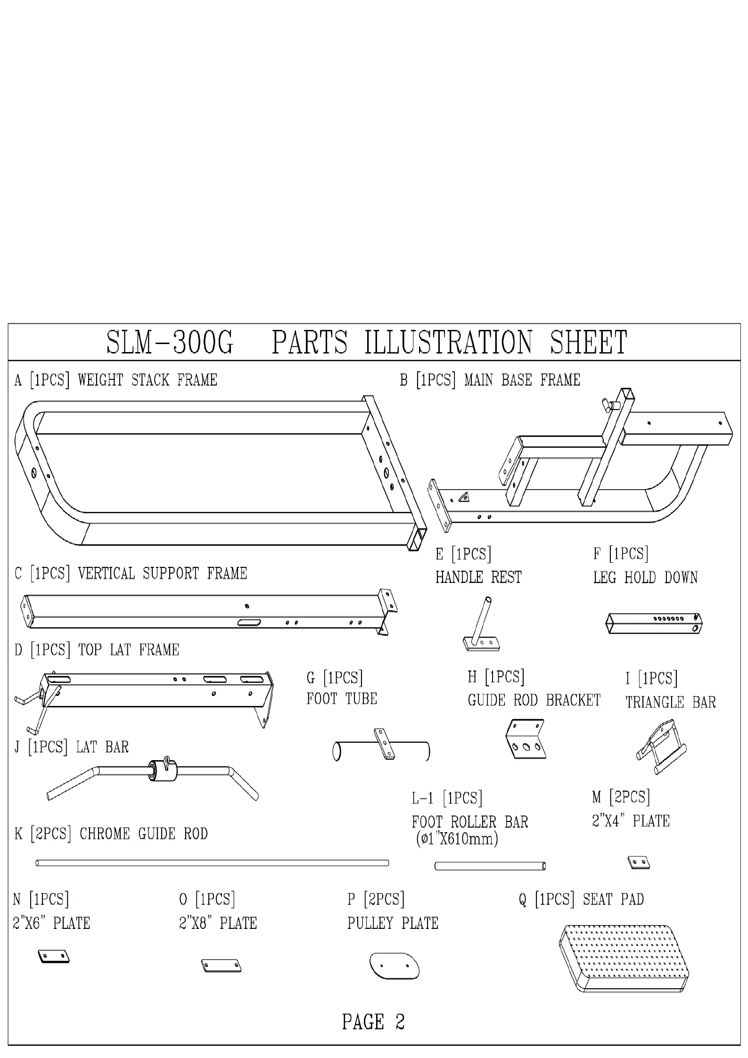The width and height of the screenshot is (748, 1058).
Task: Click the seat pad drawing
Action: coord(624,958)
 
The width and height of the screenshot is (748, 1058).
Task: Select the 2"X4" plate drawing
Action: coord(639,862)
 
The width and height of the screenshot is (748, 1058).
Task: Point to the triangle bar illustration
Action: coord(661,746)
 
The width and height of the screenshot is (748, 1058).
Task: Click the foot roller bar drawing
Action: coord(490,866)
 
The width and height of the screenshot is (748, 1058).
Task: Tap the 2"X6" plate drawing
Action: coord(53,956)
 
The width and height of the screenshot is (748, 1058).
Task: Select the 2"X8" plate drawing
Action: coord(221,966)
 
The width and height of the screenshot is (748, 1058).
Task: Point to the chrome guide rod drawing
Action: coord(212,863)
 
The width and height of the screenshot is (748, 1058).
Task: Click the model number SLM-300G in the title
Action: coord(170,343)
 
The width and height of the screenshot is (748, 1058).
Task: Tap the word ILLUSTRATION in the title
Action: coord(448,343)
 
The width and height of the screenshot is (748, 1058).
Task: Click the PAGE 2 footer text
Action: coord(373,1022)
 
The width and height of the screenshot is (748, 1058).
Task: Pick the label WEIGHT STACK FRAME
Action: coord(148,380)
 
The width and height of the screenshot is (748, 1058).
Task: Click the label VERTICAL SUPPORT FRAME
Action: coord(162,574)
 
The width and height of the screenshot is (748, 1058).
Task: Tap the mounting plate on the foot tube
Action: coord(385,744)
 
